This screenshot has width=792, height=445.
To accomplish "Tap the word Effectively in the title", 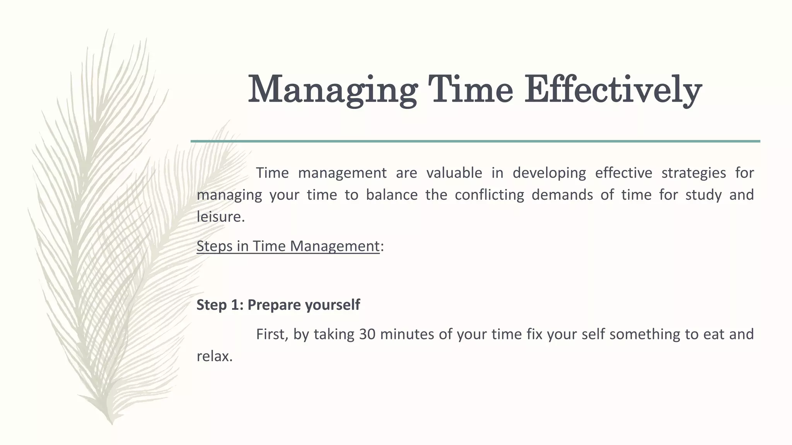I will (x=613, y=90).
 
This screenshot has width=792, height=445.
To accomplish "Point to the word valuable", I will (x=454, y=173).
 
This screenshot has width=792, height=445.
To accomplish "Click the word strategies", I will (x=693, y=173).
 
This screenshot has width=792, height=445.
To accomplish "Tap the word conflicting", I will (x=489, y=195).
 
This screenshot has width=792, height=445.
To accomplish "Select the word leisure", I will (x=220, y=217).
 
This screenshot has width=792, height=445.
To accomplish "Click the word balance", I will (x=391, y=195).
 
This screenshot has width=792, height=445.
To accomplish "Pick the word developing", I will (x=549, y=173).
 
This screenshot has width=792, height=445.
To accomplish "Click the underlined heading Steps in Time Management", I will (x=288, y=246).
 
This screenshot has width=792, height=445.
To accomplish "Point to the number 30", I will (x=367, y=334).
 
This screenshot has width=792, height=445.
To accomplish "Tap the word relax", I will (x=214, y=356).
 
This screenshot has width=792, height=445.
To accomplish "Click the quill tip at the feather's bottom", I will (x=112, y=423).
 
